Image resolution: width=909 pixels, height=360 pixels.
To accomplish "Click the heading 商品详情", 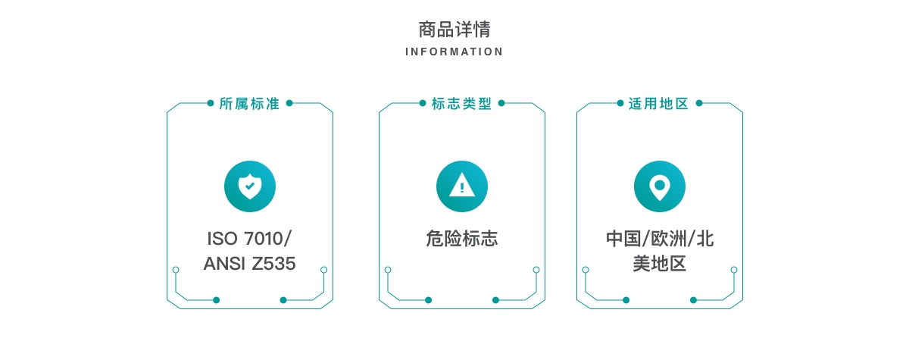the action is tap(454, 30).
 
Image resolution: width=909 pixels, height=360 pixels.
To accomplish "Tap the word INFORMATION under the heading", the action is tap(454, 52).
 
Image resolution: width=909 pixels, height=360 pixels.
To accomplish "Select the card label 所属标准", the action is tap(249, 104).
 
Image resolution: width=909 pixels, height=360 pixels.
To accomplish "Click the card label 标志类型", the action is tap(462, 104).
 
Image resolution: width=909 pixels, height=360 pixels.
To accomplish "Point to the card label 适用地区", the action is tap(659, 104).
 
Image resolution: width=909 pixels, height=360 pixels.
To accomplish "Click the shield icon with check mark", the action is tap(250, 186).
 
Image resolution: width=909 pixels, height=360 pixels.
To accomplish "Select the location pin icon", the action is tap(660, 186).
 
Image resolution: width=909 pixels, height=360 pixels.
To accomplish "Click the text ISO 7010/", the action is tap(249, 239).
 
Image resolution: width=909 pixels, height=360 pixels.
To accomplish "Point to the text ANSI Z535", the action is tap(249, 264).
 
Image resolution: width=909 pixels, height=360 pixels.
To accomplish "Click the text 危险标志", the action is tap(462, 239).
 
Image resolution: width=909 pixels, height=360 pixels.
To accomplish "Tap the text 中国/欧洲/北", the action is tap(660, 239).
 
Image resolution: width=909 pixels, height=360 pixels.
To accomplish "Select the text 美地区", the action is tap(660, 264).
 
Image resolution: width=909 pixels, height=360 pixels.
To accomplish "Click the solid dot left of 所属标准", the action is tap(211, 103).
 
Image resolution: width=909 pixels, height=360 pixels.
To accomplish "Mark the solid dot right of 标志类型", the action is tap(501, 103).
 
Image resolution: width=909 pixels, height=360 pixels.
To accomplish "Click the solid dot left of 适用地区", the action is tap(620, 103).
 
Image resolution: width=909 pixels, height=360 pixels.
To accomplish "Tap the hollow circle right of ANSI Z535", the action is tap(324, 270).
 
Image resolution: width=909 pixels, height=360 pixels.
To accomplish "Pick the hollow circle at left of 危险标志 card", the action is tap(388, 270).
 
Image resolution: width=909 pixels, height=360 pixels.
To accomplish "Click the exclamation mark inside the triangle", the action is tap(462, 187).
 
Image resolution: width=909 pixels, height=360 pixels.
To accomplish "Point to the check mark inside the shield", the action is tap(250, 186).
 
